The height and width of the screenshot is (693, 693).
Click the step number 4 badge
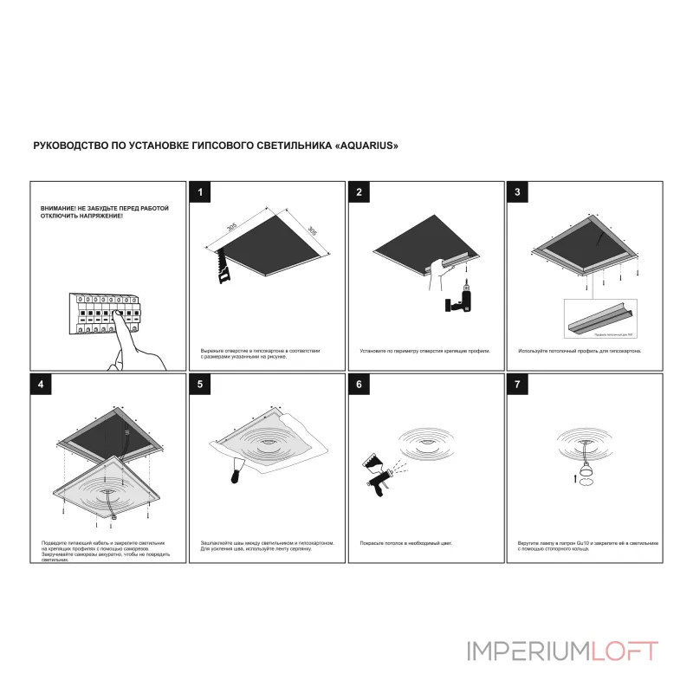point(41,384)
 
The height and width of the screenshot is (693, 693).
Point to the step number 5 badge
point(200,384)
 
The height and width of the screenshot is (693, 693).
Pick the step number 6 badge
point(359,384)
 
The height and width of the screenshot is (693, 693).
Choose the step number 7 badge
point(518,384)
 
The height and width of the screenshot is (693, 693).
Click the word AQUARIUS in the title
point(368,146)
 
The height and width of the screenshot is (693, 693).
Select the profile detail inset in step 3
point(599,318)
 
